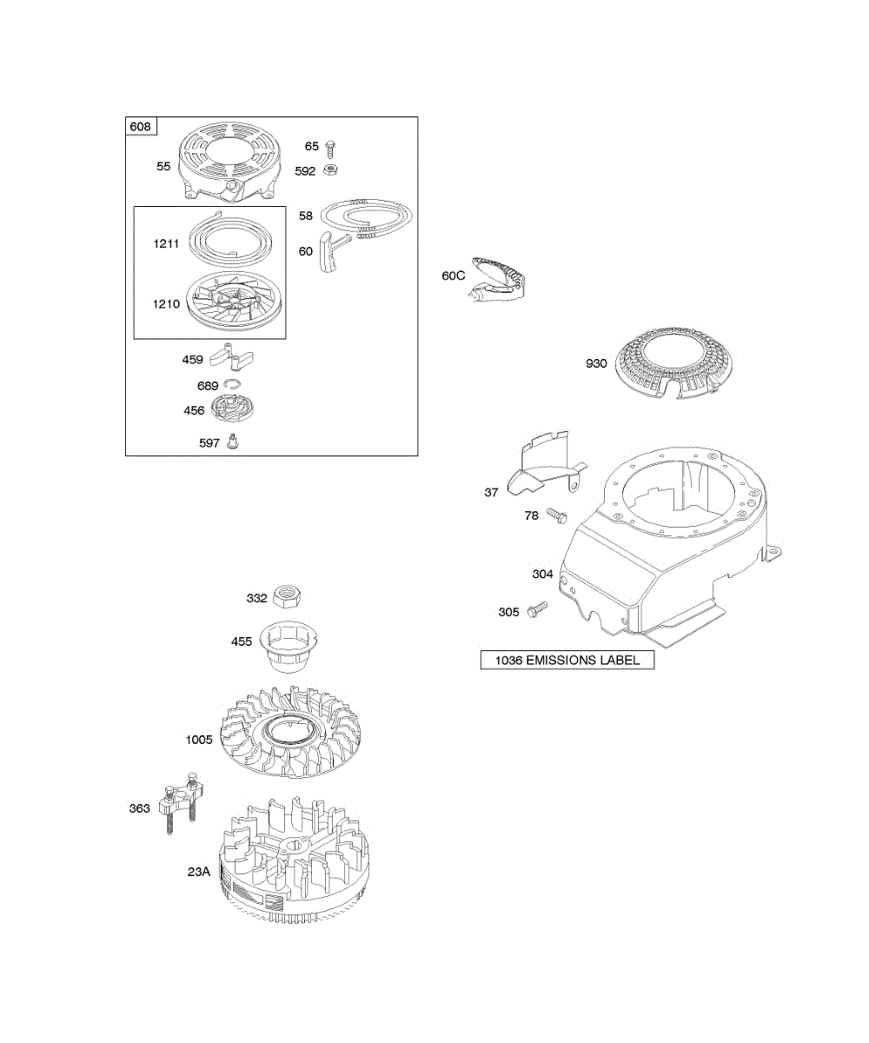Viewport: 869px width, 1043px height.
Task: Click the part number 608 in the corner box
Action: coord(140,127)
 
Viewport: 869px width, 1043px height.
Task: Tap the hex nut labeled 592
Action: coord(330,170)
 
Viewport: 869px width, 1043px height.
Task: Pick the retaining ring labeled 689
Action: coord(232,384)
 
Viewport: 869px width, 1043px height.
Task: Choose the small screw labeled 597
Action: coord(233,442)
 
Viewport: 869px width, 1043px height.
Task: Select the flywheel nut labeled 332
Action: coord(287,596)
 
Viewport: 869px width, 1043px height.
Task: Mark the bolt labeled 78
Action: coord(557,515)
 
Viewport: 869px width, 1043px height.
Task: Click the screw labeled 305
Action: coord(538,609)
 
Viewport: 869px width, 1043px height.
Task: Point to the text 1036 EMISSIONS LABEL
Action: coord(567,661)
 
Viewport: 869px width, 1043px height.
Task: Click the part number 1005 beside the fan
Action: coord(199,740)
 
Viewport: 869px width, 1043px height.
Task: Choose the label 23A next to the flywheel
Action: coord(199,871)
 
